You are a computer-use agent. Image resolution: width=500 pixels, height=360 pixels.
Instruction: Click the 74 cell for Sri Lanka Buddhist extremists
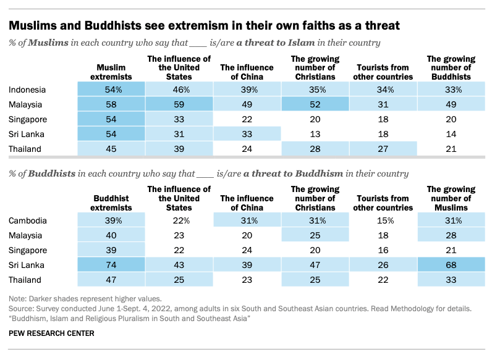[111, 265]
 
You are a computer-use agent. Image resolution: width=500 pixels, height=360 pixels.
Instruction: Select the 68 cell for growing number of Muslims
[451, 265]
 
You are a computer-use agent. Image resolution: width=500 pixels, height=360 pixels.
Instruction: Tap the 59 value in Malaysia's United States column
[179, 104]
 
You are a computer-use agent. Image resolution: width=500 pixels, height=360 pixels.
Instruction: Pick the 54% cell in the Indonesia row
[111, 90]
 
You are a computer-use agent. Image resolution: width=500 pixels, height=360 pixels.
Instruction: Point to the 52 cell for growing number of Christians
[315, 104]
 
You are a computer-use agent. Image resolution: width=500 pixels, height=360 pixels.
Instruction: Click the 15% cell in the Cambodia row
[383, 220]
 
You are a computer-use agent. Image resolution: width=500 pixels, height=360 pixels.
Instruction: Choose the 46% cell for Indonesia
[179, 90]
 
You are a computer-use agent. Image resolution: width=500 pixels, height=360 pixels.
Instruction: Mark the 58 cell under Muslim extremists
[111, 104]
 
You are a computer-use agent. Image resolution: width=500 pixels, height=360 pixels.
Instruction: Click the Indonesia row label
[28, 90]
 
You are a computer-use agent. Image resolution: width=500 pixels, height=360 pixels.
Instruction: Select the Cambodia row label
[28, 220]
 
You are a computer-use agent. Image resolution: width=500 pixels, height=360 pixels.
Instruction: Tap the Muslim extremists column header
[111, 72]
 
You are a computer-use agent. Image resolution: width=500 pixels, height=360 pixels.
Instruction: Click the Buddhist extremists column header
[111, 203]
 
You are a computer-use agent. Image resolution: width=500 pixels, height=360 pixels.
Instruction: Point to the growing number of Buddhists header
[451, 68]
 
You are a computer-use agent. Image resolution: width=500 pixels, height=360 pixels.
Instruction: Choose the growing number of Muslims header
[451, 199]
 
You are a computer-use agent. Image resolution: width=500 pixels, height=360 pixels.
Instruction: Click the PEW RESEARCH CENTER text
[51, 333]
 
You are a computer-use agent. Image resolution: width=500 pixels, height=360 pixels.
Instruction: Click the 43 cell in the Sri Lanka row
[179, 265]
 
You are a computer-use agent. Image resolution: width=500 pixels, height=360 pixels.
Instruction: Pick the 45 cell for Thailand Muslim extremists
[111, 149]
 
